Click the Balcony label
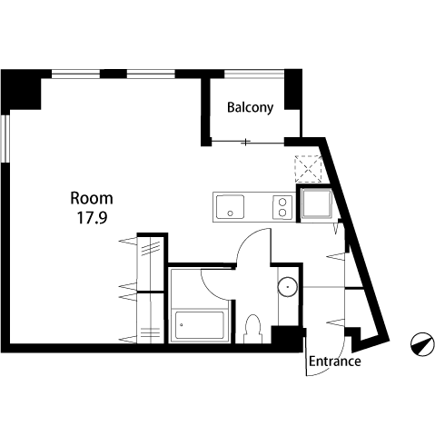click(250, 108)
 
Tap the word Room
click(92, 198)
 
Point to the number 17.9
click(92, 218)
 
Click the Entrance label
click(335, 362)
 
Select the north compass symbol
click(422, 344)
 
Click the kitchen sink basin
click(230, 206)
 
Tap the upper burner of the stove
click(282, 202)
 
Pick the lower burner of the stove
click(282, 213)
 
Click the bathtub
click(200, 325)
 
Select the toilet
click(252, 329)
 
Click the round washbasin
click(287, 286)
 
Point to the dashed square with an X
click(308, 169)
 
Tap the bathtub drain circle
click(182, 325)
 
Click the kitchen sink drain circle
click(230, 213)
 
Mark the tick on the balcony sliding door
click(247, 142)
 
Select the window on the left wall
click(5, 139)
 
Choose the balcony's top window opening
click(254, 74)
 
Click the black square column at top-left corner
click(21, 89)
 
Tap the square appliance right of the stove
click(317, 203)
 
